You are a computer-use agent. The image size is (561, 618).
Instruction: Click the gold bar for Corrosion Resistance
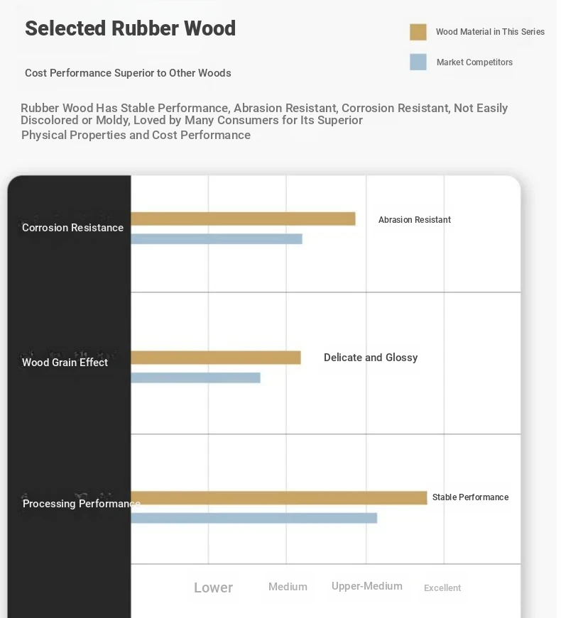[243, 219]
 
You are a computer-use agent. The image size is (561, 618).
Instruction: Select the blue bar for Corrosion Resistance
[217, 239]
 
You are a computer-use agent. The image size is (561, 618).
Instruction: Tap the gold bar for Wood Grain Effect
[216, 358]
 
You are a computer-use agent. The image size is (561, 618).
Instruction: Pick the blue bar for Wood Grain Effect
[196, 377]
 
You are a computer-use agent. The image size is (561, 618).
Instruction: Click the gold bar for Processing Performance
[279, 498]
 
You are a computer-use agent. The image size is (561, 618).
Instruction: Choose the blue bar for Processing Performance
[254, 518]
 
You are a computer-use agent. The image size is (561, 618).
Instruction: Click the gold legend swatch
[418, 32]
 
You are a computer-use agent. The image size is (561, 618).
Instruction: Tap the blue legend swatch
[418, 62]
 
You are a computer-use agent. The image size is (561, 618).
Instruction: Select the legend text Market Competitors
[474, 62]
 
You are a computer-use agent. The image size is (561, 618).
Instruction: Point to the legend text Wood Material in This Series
[491, 32]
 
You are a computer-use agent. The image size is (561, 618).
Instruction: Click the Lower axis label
[214, 587]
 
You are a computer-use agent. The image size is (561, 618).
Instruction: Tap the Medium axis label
[288, 587]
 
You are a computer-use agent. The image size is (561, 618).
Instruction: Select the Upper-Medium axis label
[367, 587]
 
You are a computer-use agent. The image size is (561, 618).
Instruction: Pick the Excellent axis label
[442, 588]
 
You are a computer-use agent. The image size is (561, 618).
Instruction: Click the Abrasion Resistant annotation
[415, 220]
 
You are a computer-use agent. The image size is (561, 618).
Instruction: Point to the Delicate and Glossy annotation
[371, 358]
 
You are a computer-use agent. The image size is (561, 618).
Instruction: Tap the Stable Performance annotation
[471, 497]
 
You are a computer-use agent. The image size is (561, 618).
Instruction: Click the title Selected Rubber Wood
[131, 28]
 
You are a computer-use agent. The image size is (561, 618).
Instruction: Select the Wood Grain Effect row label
[65, 363]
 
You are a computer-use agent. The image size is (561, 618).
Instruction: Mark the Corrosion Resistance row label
[73, 228]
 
